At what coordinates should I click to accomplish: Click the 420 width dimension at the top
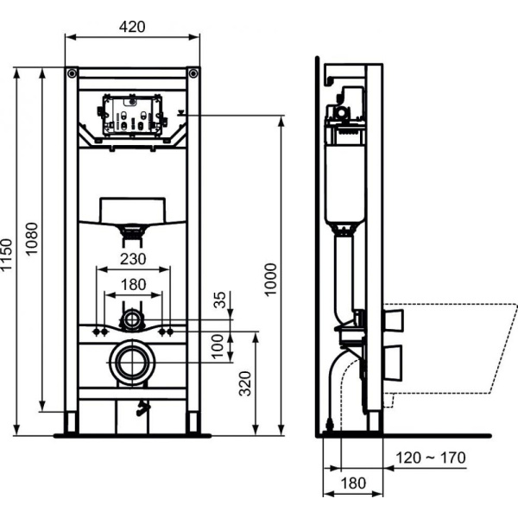point(132,26)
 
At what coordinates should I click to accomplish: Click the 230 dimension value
point(132,258)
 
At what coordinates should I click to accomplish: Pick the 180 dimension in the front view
point(132,284)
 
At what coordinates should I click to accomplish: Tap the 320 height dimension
point(245,382)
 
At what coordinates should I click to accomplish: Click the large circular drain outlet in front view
point(132,362)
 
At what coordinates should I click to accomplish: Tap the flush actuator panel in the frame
point(132,116)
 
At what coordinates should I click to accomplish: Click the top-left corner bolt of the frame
point(73,72)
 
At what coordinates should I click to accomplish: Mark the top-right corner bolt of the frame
point(193,72)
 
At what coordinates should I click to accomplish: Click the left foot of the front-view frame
point(72,422)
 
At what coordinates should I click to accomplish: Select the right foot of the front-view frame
point(193,422)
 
